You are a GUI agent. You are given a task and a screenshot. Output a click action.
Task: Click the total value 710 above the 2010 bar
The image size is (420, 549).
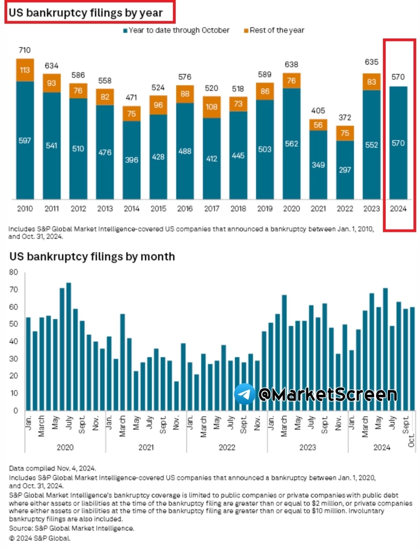[25, 50]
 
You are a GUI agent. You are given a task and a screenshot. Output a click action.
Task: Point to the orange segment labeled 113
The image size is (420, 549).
[25, 70]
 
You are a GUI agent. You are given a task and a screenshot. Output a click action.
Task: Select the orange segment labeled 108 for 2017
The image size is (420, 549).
[212, 106]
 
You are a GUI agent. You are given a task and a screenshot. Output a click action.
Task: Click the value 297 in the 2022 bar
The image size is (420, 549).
[345, 170]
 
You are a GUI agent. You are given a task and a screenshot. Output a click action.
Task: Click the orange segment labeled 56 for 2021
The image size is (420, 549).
[319, 125]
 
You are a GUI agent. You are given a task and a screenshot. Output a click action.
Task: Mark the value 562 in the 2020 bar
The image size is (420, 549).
[291, 143]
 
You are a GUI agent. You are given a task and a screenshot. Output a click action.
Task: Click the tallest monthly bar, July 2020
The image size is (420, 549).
[69, 347]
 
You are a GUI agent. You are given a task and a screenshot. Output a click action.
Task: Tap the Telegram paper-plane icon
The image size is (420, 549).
[244, 394]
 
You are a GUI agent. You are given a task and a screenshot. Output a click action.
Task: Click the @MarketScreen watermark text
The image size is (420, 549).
[327, 394]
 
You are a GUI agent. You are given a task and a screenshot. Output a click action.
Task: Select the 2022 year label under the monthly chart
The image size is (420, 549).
[227, 446]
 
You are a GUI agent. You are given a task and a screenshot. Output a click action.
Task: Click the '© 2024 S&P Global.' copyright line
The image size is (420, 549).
[39, 537]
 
